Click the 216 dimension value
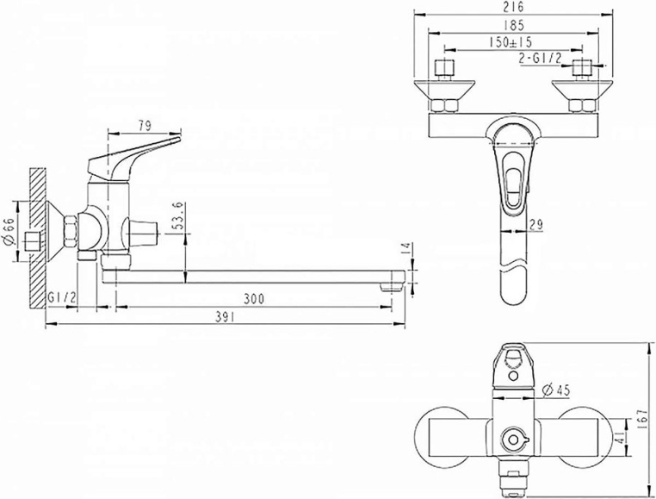[x=514, y=7]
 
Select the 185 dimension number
[x=514, y=25]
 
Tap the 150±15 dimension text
[x=511, y=42]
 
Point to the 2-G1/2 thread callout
[x=540, y=59]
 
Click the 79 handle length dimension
[x=145, y=126]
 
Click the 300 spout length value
[x=254, y=299]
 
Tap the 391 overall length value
[x=225, y=317]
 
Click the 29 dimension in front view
[x=535, y=225]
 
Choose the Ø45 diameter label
[x=556, y=390]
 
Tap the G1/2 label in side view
[x=61, y=298]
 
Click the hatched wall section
[x=37, y=239]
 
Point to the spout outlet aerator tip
[x=391, y=287]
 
